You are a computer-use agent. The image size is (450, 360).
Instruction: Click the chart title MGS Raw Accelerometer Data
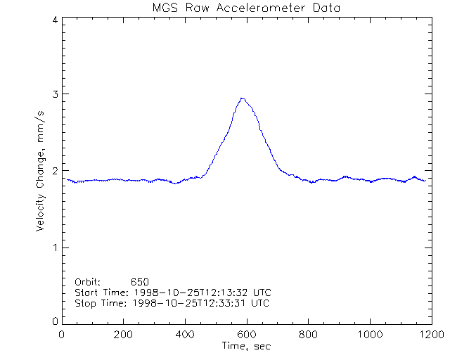(245, 8)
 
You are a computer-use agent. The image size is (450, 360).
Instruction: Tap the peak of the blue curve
(243, 98)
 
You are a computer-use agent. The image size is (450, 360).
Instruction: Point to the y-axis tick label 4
(54, 20)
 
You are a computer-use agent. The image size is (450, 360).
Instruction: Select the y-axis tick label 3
(54, 94)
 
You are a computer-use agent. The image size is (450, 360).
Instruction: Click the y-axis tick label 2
(54, 171)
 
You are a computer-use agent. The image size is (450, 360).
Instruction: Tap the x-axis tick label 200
(123, 335)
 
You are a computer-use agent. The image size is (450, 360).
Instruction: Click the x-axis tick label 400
(185, 335)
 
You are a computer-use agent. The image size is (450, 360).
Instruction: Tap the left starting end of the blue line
(67, 179)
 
